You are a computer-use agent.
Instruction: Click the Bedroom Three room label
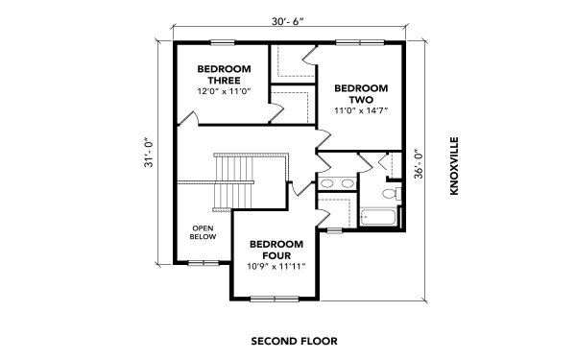point(224,75)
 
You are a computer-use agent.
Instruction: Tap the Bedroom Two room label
point(361,93)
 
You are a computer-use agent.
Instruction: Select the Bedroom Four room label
point(275,250)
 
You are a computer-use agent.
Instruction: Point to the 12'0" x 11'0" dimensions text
point(224,91)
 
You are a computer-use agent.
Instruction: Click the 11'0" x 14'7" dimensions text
point(361,110)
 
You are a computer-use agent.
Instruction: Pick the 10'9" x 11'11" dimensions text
point(275,267)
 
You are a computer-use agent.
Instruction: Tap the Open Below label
point(204,232)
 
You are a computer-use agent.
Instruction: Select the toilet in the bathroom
point(389,194)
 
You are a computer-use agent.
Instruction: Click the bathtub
point(378,218)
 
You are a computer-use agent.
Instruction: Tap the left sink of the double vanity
point(328,184)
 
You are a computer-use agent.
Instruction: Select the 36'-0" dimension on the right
point(418,170)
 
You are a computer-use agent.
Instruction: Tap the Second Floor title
point(288,340)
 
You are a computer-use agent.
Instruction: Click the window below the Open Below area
point(203,261)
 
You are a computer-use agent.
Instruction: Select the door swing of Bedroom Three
point(192,119)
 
